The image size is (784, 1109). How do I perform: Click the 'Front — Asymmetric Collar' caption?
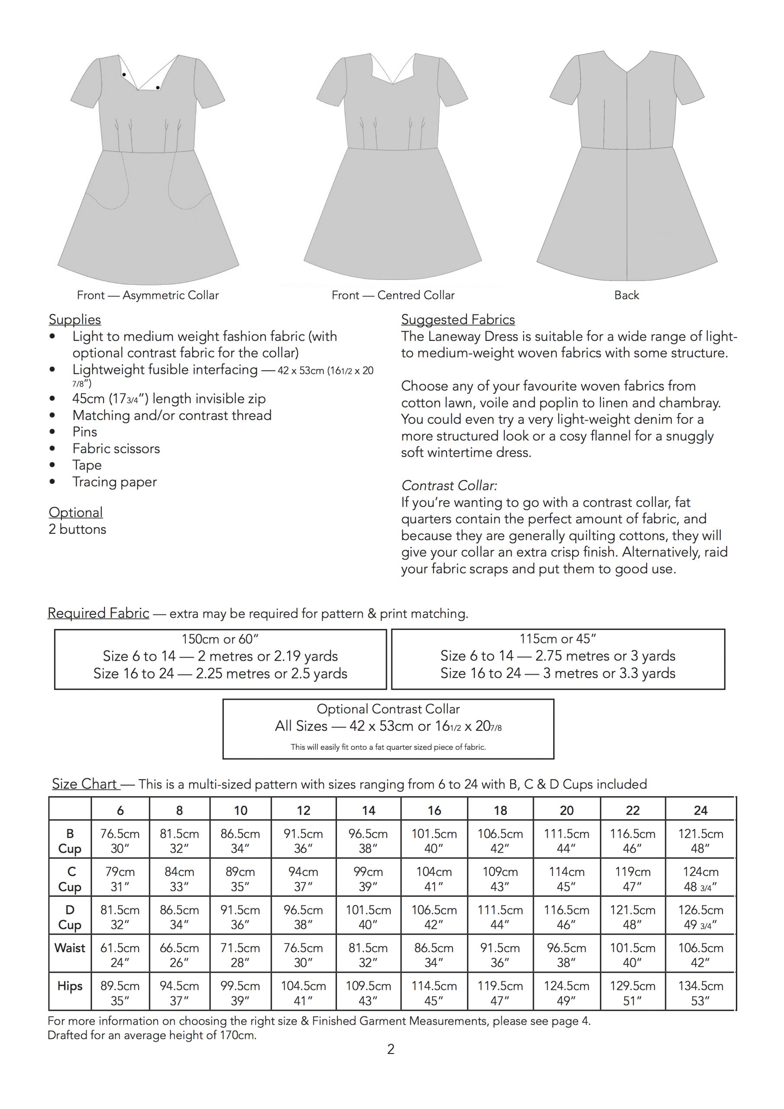pyautogui.click(x=147, y=295)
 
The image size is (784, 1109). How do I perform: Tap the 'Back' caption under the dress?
pyautogui.click(x=626, y=295)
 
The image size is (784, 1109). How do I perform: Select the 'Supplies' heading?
pyautogui.click(x=75, y=319)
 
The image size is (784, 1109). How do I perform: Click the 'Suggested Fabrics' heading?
pyautogui.click(x=457, y=319)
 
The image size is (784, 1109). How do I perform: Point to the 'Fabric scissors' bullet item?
pyautogui.click(x=116, y=448)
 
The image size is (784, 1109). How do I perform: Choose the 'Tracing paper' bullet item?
pyautogui.click(x=114, y=482)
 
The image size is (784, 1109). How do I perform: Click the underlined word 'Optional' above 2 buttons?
pyautogui.click(x=75, y=512)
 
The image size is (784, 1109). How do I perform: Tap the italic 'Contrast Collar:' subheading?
pyautogui.click(x=449, y=486)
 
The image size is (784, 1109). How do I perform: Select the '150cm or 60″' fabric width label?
pyautogui.click(x=220, y=639)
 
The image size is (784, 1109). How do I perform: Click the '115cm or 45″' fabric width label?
pyautogui.click(x=557, y=639)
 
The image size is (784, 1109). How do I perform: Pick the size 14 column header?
pyautogui.click(x=368, y=811)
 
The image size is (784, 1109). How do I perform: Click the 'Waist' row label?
pyautogui.click(x=70, y=948)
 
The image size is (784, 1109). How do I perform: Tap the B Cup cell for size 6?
pyautogui.click(x=120, y=841)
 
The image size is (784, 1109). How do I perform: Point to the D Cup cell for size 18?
pyautogui.click(x=500, y=917)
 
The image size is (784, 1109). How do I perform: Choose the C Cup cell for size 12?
pyautogui.click(x=303, y=879)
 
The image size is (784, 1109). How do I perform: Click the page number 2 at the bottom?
pyautogui.click(x=391, y=1049)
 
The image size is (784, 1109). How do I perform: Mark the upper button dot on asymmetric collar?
pyautogui.click(x=124, y=75)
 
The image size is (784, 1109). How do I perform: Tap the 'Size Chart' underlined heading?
pyautogui.click(x=84, y=784)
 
